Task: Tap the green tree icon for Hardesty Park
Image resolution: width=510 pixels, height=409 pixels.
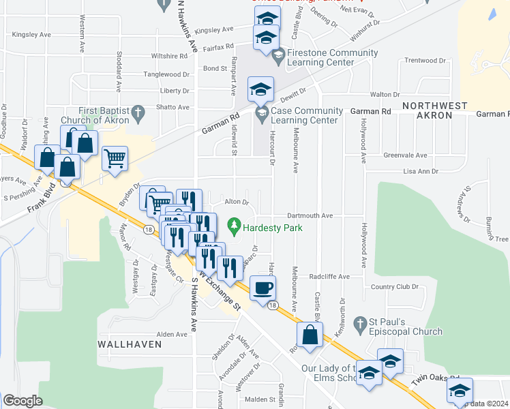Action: [235, 224]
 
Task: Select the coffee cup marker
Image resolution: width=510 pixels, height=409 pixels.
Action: [262, 287]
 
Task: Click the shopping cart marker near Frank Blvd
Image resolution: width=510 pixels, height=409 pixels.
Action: [115, 158]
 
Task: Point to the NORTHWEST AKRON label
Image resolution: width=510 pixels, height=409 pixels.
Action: [434, 110]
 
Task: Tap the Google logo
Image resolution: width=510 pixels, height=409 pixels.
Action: [22, 401]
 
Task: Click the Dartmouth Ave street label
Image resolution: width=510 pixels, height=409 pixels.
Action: [310, 215]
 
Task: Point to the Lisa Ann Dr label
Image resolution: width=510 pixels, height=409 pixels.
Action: [421, 172]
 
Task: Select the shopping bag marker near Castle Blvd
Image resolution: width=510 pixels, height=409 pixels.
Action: [310, 336]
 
